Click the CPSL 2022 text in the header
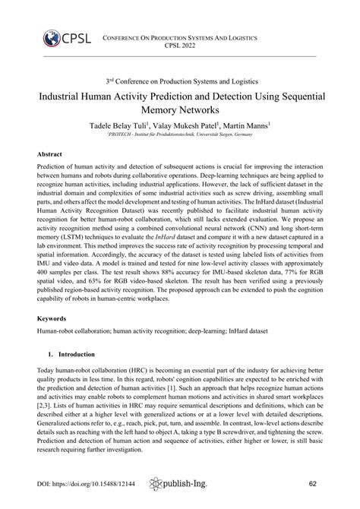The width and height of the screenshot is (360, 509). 179,45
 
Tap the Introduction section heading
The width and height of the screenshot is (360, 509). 71,354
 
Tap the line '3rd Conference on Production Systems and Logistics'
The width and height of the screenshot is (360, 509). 179,81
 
